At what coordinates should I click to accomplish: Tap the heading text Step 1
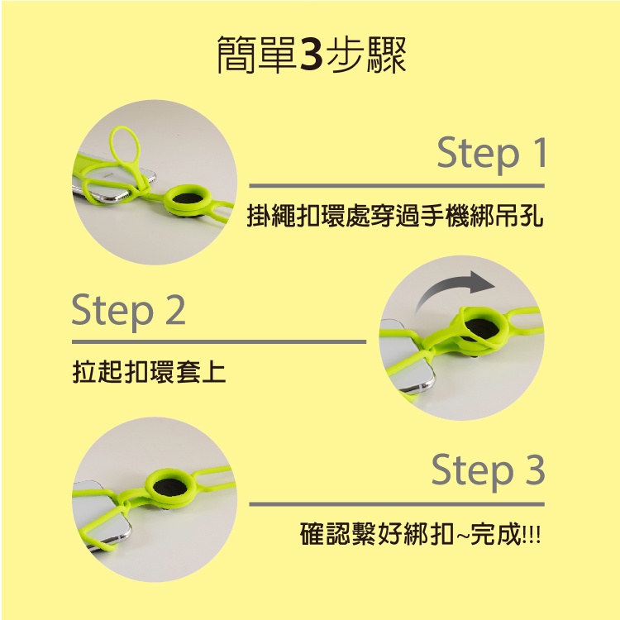492,154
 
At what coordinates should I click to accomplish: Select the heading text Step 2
128,310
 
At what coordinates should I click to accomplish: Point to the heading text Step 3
489,471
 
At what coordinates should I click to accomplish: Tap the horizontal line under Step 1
397,185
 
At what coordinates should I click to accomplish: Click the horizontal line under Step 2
219,341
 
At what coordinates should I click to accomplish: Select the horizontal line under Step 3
397,504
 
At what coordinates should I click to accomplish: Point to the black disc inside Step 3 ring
169,488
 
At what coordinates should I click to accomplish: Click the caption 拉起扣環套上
149,372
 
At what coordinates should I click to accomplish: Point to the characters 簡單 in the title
257,55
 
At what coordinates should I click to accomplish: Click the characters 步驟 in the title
367,55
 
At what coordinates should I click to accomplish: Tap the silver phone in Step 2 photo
408,355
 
